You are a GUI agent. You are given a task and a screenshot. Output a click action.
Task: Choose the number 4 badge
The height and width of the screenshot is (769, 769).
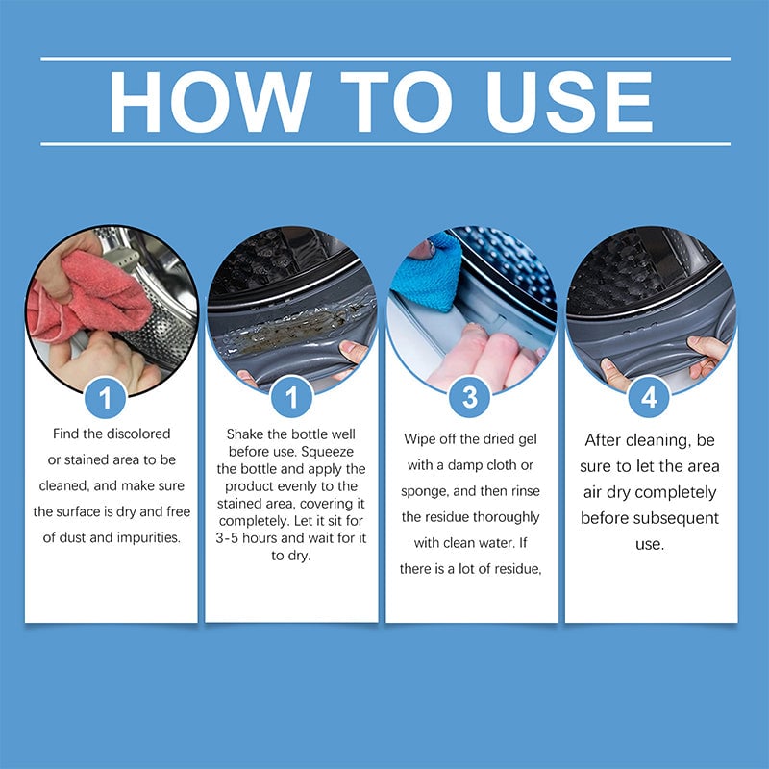[651, 395]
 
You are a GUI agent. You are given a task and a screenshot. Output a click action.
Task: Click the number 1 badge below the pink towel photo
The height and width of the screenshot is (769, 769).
[112, 395]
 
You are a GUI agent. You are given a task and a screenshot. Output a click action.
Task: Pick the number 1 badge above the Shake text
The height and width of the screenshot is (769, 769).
[292, 395]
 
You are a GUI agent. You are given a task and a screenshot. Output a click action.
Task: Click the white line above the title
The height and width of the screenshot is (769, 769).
[384, 59]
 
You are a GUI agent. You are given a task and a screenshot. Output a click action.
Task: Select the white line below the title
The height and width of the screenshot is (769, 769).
[384, 143]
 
